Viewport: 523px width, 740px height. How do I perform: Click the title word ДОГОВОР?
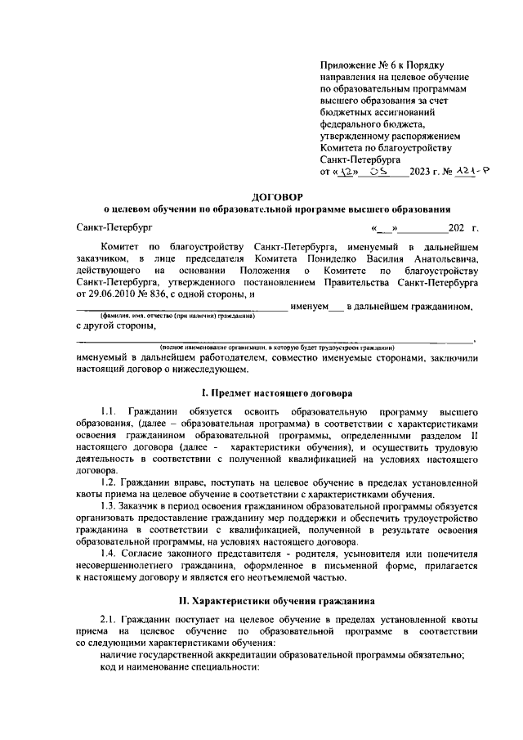pyautogui.click(x=278, y=197)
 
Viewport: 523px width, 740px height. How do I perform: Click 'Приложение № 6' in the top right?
pyautogui.click(x=355, y=65)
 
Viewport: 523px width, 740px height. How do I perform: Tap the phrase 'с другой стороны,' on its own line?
pyautogui.click(x=115, y=326)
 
